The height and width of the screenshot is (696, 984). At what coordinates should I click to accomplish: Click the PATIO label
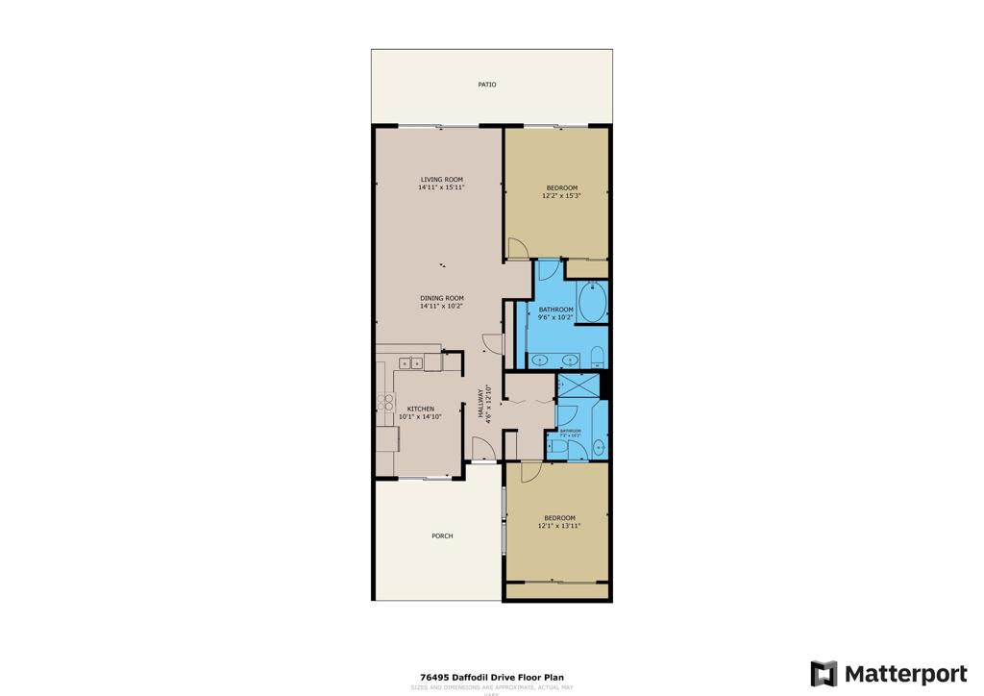tap(487, 85)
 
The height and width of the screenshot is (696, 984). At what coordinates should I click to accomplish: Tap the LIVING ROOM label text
tap(441, 180)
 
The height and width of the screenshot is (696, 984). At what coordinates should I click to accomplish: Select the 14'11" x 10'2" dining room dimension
tap(441, 307)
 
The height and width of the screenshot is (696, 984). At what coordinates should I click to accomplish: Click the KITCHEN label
tap(421, 409)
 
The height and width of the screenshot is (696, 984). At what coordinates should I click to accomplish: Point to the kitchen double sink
tap(410, 363)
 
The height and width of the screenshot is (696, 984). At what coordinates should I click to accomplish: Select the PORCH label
tap(442, 535)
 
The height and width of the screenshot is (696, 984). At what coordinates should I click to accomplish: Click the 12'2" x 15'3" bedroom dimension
tap(562, 195)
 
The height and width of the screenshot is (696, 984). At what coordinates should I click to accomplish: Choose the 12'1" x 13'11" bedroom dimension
tap(559, 526)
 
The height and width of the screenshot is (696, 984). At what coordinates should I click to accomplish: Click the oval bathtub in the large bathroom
tap(592, 304)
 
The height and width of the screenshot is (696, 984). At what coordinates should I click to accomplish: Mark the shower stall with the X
tap(578, 385)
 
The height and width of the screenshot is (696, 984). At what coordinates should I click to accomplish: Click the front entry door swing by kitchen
tap(481, 449)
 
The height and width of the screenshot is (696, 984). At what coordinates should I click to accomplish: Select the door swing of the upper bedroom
tap(518, 249)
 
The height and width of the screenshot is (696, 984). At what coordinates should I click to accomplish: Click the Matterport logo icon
tap(824, 673)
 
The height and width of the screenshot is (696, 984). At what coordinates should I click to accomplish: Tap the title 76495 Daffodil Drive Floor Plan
tap(491, 678)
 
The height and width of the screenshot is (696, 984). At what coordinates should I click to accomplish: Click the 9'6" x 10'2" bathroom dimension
tap(555, 317)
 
